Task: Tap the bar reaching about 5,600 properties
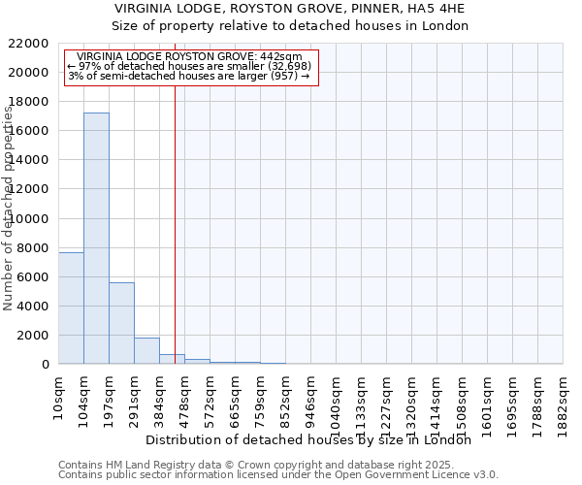click(x=121, y=323)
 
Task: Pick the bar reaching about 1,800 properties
click(x=146, y=350)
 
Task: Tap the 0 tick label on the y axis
click(x=46, y=365)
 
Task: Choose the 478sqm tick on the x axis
click(x=184, y=396)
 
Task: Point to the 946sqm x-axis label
click(x=310, y=396)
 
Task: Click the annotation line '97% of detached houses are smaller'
click(x=190, y=66)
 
